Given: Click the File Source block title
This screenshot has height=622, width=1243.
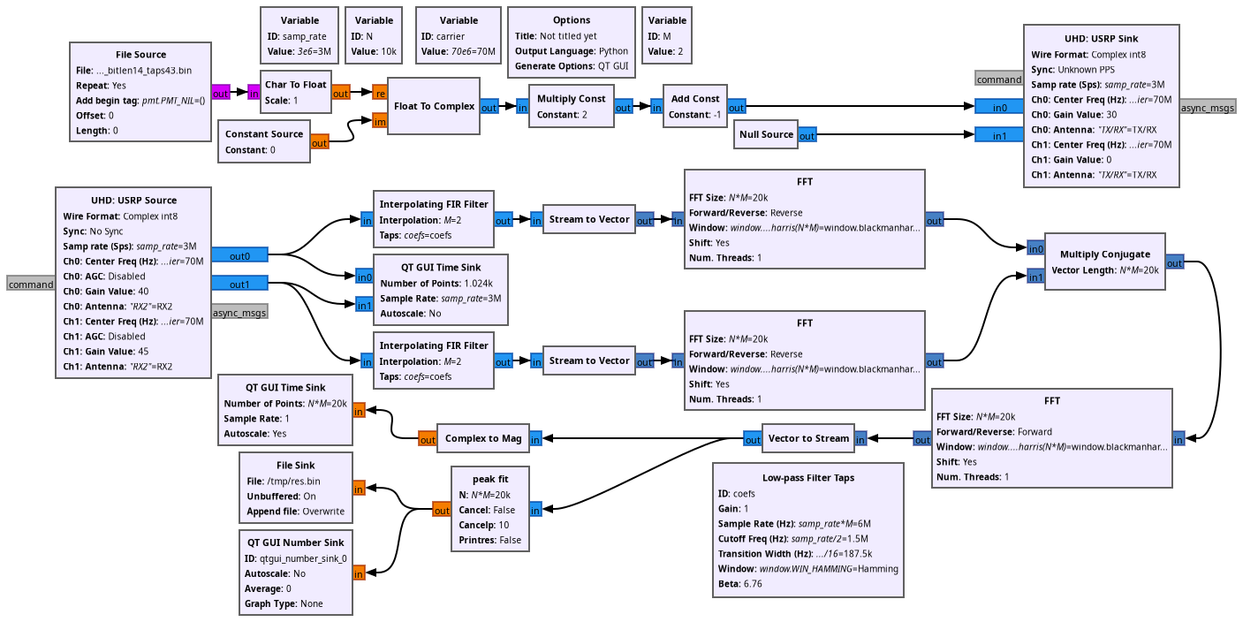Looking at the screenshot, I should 140,54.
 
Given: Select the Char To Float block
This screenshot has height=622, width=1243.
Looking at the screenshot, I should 295,92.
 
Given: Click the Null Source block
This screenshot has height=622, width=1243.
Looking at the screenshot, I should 765,135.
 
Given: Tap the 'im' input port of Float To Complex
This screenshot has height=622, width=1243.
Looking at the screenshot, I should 380,120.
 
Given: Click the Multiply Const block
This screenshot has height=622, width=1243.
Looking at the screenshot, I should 571,106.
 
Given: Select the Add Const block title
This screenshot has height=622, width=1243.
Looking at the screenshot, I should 694,99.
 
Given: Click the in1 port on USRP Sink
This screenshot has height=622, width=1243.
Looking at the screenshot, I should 998,135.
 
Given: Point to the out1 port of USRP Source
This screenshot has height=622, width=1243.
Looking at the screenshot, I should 239,284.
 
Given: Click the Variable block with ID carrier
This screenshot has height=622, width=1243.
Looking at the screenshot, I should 458,36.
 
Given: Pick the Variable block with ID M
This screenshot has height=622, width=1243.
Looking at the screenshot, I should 667,36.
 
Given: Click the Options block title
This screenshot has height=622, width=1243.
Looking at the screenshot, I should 572,20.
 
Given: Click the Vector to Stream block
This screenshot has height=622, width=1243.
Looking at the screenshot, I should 807,438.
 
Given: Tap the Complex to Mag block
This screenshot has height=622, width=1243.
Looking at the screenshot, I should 482,438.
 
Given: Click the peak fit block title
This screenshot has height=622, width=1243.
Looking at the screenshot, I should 490,480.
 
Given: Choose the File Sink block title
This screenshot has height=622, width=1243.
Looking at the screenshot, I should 295,466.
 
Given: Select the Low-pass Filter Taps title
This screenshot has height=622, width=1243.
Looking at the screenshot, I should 807,478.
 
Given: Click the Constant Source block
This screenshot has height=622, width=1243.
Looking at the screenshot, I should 263,141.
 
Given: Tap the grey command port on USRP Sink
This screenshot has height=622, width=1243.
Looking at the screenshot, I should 998,79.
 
